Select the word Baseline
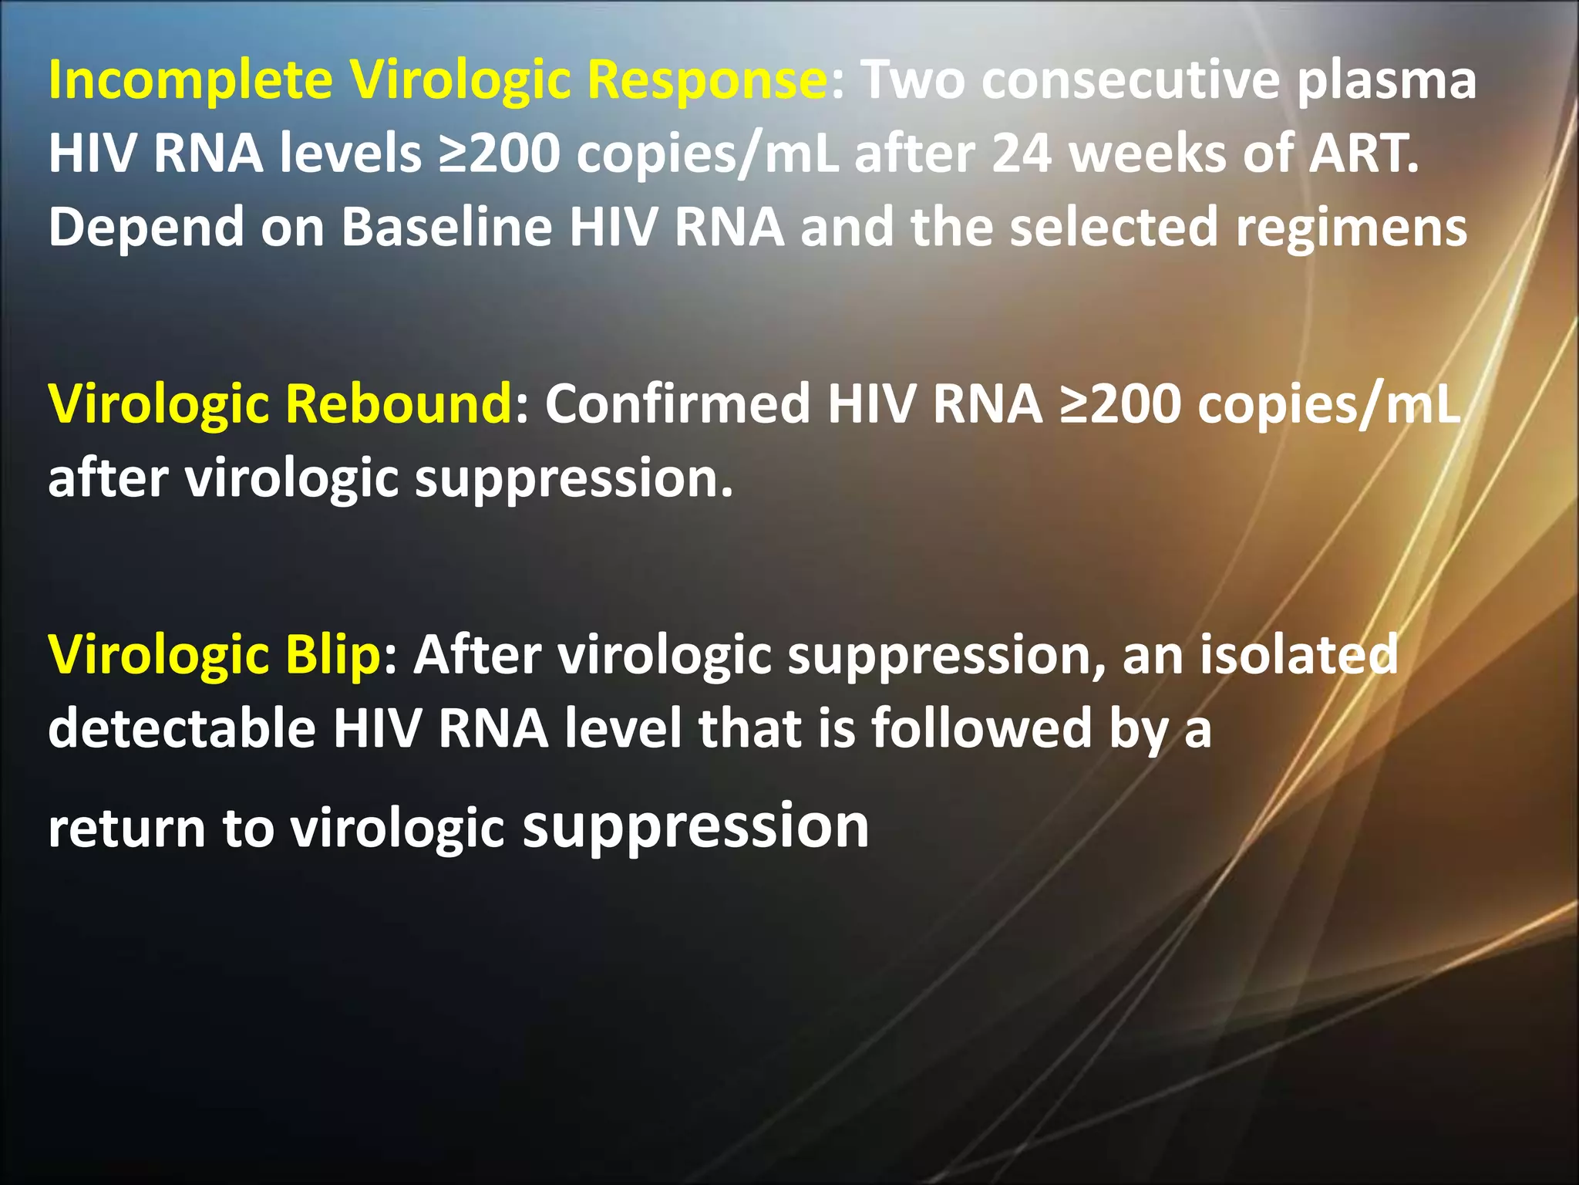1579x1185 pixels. click(x=447, y=227)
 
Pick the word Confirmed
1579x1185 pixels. click(x=678, y=404)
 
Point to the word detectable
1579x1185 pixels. click(x=182, y=728)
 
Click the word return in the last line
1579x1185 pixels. click(x=127, y=829)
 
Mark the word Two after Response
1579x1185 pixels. click(x=913, y=81)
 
